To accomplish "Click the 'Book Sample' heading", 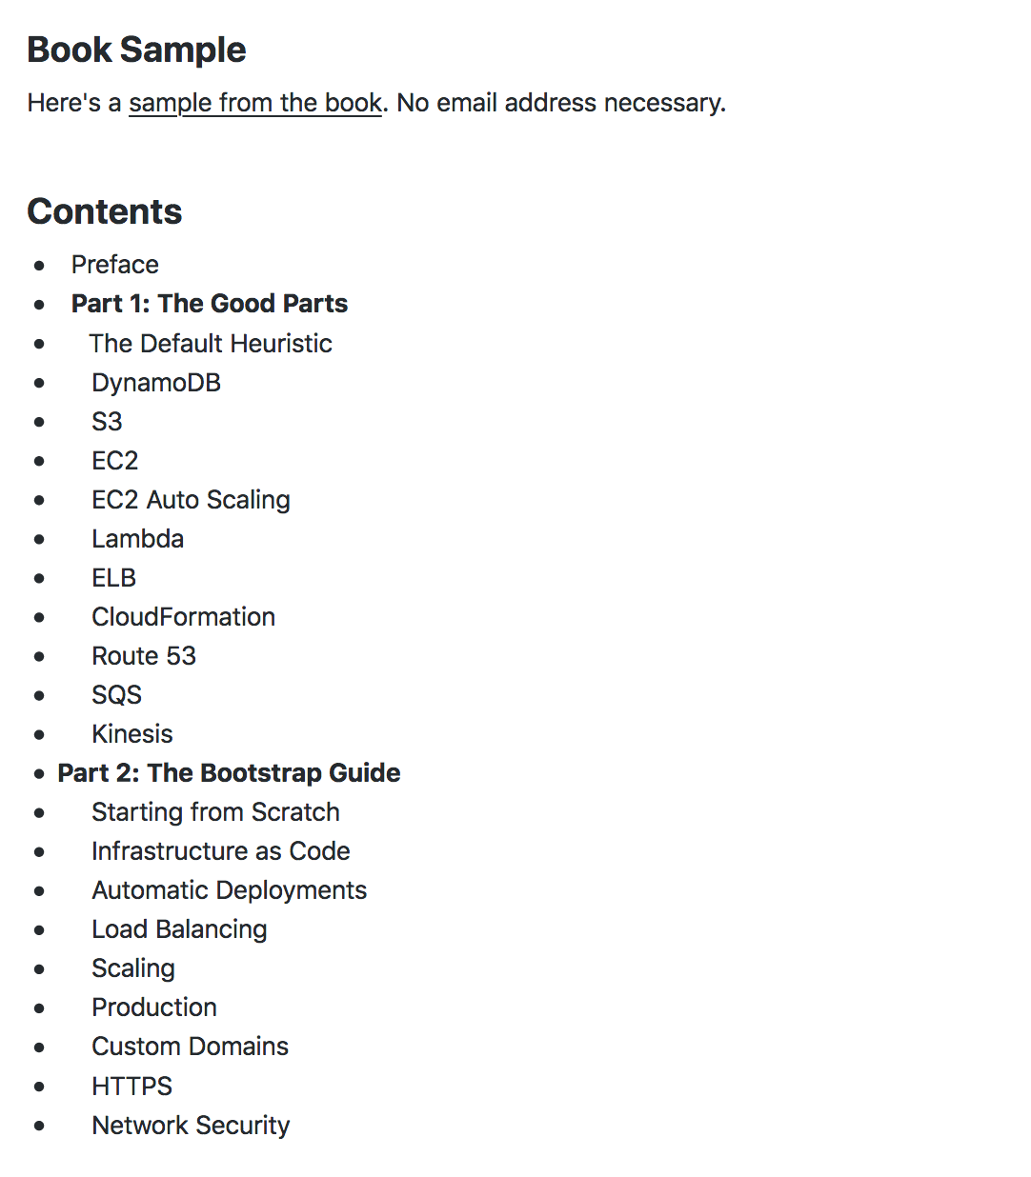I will pos(136,50).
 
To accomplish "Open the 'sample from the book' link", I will pos(255,103).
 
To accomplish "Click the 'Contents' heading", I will pos(105,211).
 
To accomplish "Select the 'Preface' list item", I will pos(115,265).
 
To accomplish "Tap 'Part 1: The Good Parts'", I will pos(210,304).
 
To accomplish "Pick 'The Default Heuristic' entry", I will pos(211,344).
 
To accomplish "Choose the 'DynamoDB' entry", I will pos(156,383).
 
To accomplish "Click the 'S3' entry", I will pos(107,422).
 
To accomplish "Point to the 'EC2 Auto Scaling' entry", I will pos(191,500).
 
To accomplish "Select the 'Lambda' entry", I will pos(137,539).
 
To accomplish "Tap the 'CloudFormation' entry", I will pos(183,617).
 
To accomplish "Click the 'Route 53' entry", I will pos(144,656).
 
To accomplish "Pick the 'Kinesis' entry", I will pos(132,734).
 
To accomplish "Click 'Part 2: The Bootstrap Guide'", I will pos(229,773).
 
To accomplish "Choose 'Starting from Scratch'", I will pos(215,812).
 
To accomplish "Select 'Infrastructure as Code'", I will pos(220,851).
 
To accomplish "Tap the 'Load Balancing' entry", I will pos(179,929).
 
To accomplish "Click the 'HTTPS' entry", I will pos(131,1087).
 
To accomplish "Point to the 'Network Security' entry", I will pos(191,1126).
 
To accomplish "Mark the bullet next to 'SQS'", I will pos(39,696).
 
